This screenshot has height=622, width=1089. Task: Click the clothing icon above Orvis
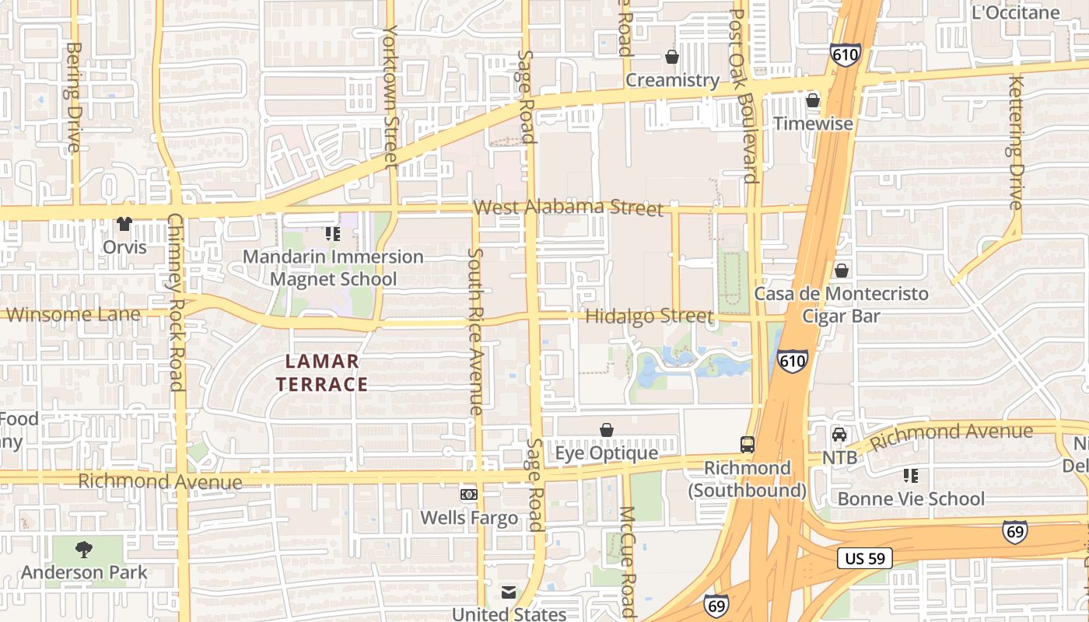[x=124, y=224]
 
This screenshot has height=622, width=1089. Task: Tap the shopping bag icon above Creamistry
[x=672, y=57]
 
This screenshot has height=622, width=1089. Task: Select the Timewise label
[x=814, y=124]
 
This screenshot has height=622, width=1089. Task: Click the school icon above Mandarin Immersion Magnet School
[x=333, y=233]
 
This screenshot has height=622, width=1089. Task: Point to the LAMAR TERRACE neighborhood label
[x=322, y=372]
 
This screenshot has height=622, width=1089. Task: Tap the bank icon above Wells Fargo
[x=468, y=494]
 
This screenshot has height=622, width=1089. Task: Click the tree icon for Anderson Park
[x=84, y=550]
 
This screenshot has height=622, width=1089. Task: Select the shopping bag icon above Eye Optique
[x=607, y=430]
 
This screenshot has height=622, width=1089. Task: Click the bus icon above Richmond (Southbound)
[x=747, y=445]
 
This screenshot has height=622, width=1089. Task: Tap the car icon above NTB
[x=839, y=435]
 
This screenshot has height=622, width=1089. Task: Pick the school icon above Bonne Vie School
[x=911, y=475]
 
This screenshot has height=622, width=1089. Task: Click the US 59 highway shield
[x=865, y=558]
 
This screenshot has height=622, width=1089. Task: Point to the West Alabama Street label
[x=568, y=208]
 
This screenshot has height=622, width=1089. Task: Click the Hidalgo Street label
[x=649, y=316]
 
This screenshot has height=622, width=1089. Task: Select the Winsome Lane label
[x=74, y=315]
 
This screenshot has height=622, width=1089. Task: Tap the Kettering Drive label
[x=1015, y=142]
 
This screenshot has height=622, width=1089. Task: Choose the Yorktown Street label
[x=390, y=96]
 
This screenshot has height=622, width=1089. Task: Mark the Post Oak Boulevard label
[x=744, y=96]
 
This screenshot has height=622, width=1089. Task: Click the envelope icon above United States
[x=508, y=593]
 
